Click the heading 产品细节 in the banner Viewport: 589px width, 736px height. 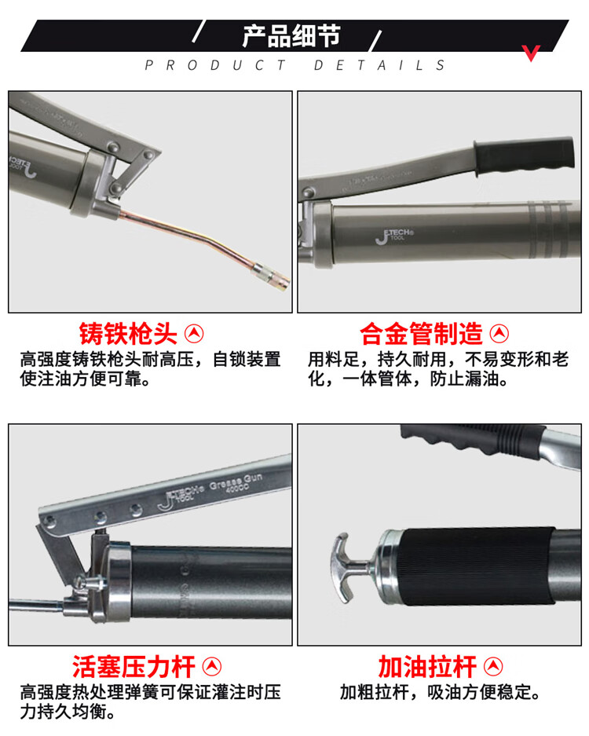[x=291, y=36]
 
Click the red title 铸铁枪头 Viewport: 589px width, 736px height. [x=128, y=334]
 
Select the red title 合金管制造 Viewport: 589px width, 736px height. [x=421, y=334]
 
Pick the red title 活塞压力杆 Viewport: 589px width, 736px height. [x=134, y=667]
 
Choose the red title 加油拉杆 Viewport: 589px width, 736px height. [x=427, y=667]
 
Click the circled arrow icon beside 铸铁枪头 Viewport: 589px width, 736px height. [x=194, y=334]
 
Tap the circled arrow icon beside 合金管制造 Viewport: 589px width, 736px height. [x=499, y=334]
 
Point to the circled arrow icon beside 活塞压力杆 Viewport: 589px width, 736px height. [x=212, y=667]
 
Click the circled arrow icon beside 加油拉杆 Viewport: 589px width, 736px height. [x=493, y=667]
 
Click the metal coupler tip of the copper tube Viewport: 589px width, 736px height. [x=271, y=277]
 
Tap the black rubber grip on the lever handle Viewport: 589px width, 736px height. [x=525, y=155]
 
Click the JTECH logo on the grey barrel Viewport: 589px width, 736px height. [x=394, y=236]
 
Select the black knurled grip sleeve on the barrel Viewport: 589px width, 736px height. [x=475, y=566]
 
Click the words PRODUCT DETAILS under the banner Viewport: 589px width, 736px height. [x=294, y=64]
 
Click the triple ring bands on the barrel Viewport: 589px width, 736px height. [x=548, y=230]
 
